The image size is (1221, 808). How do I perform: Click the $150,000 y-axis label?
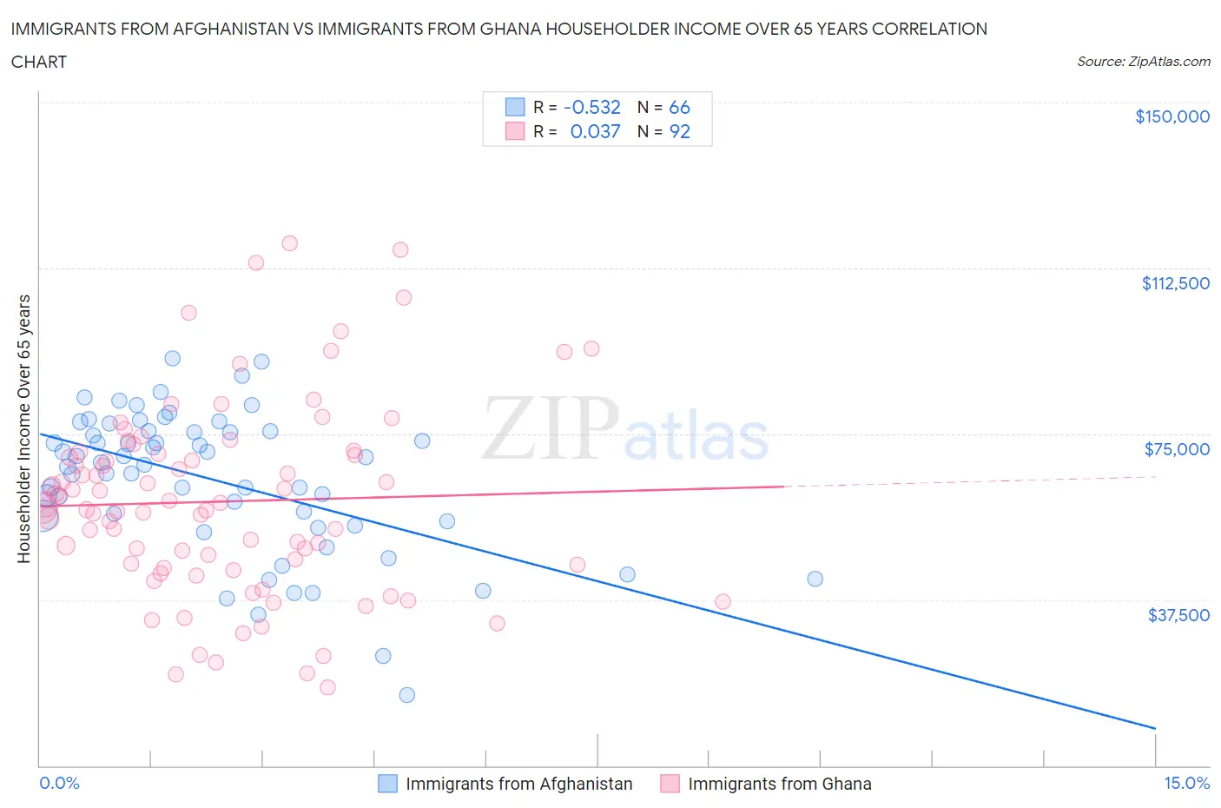click(1171, 117)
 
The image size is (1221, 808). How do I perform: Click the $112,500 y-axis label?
click(1175, 283)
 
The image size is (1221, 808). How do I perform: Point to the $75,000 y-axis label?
click(1176, 449)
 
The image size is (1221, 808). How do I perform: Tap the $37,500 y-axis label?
click(1178, 615)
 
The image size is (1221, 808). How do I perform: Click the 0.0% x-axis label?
click(59, 783)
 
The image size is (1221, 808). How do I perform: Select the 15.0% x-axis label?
click(1186, 783)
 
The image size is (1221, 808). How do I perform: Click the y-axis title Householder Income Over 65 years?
click(24, 428)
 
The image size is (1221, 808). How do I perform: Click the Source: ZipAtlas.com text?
click(1143, 62)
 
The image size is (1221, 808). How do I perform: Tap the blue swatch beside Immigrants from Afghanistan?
click(387, 784)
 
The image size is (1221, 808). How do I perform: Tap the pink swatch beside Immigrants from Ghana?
click(670, 784)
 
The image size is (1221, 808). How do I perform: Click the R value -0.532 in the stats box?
click(592, 107)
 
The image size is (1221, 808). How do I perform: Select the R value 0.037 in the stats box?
click(595, 131)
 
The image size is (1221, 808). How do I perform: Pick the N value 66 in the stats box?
click(679, 107)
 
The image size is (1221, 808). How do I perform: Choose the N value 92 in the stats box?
click(679, 131)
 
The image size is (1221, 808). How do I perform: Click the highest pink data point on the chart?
click(289, 243)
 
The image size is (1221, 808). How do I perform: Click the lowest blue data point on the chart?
click(406, 695)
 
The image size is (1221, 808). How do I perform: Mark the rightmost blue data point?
click(815, 579)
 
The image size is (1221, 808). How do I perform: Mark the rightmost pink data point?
click(723, 601)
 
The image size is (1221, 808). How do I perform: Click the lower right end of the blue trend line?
click(1155, 728)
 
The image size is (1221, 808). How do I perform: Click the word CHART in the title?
click(39, 62)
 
